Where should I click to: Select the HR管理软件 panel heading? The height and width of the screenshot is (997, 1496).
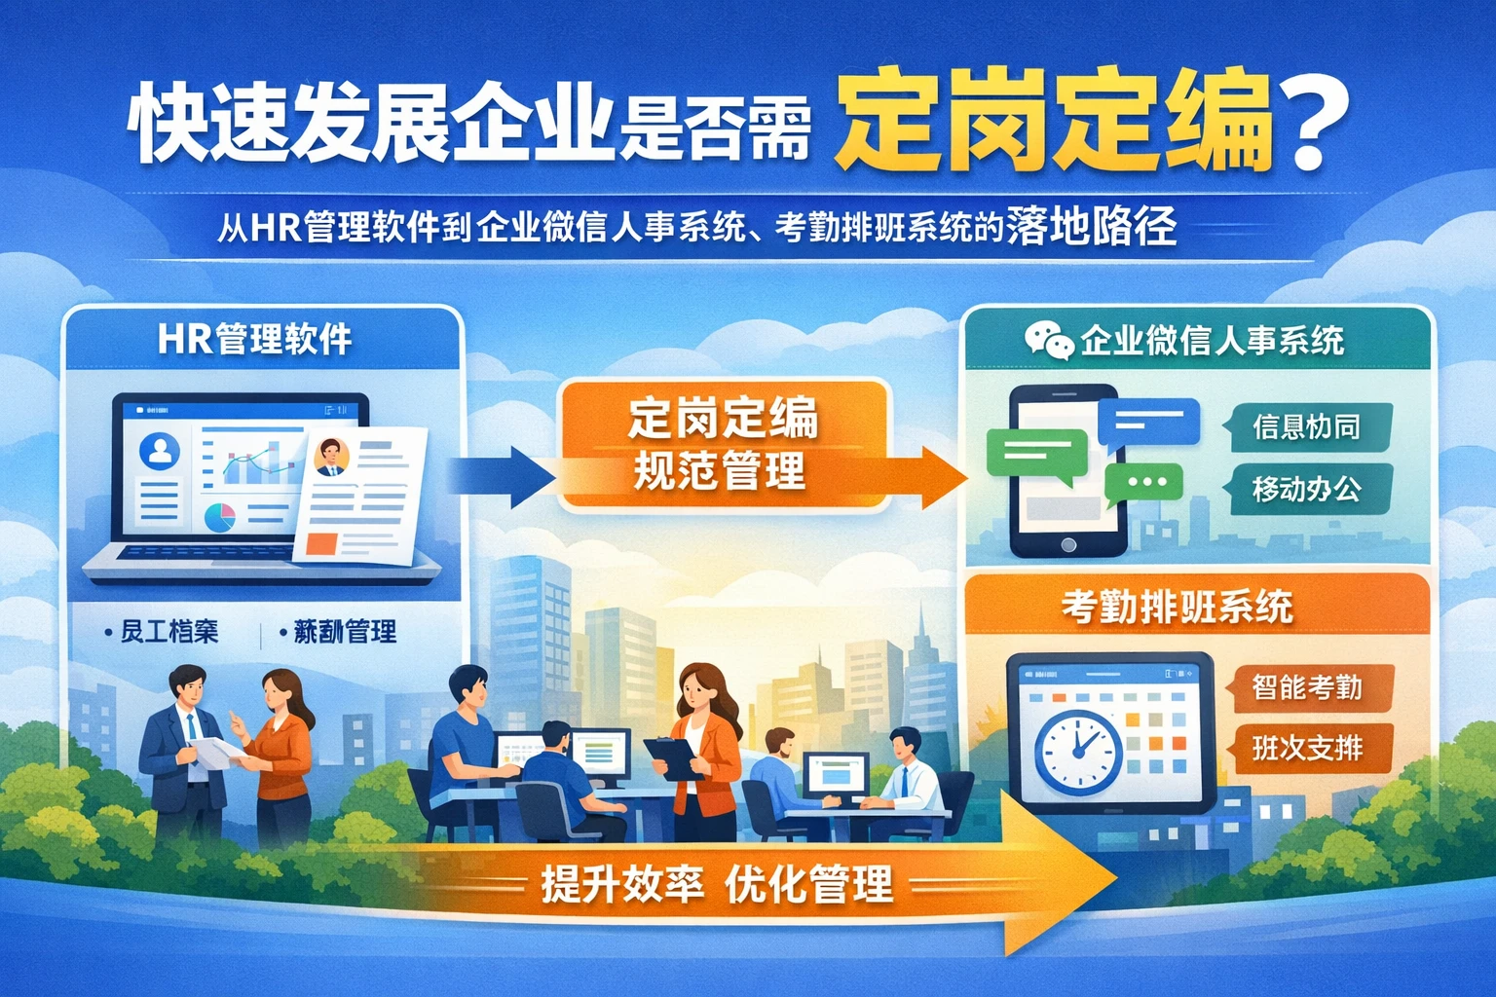click(254, 340)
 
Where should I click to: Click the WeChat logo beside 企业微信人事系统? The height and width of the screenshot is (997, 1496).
click(1048, 340)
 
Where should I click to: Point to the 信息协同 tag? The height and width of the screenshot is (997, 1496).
click(1307, 427)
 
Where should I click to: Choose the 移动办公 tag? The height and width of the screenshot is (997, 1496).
click(1307, 489)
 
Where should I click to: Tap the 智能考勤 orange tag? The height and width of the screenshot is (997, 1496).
click(1307, 687)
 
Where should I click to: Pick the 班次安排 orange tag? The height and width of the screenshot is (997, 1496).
click(1307, 748)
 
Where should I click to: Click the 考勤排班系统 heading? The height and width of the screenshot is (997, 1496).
click(1177, 608)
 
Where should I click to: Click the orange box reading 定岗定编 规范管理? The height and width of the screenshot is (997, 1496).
click(723, 445)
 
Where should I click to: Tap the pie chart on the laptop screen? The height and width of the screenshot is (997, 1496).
click(220, 517)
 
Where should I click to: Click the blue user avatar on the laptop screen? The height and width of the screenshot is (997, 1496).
click(160, 451)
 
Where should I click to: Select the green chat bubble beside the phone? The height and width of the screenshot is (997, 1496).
click(1036, 455)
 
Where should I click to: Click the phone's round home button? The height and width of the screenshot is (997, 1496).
click(1067, 545)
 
